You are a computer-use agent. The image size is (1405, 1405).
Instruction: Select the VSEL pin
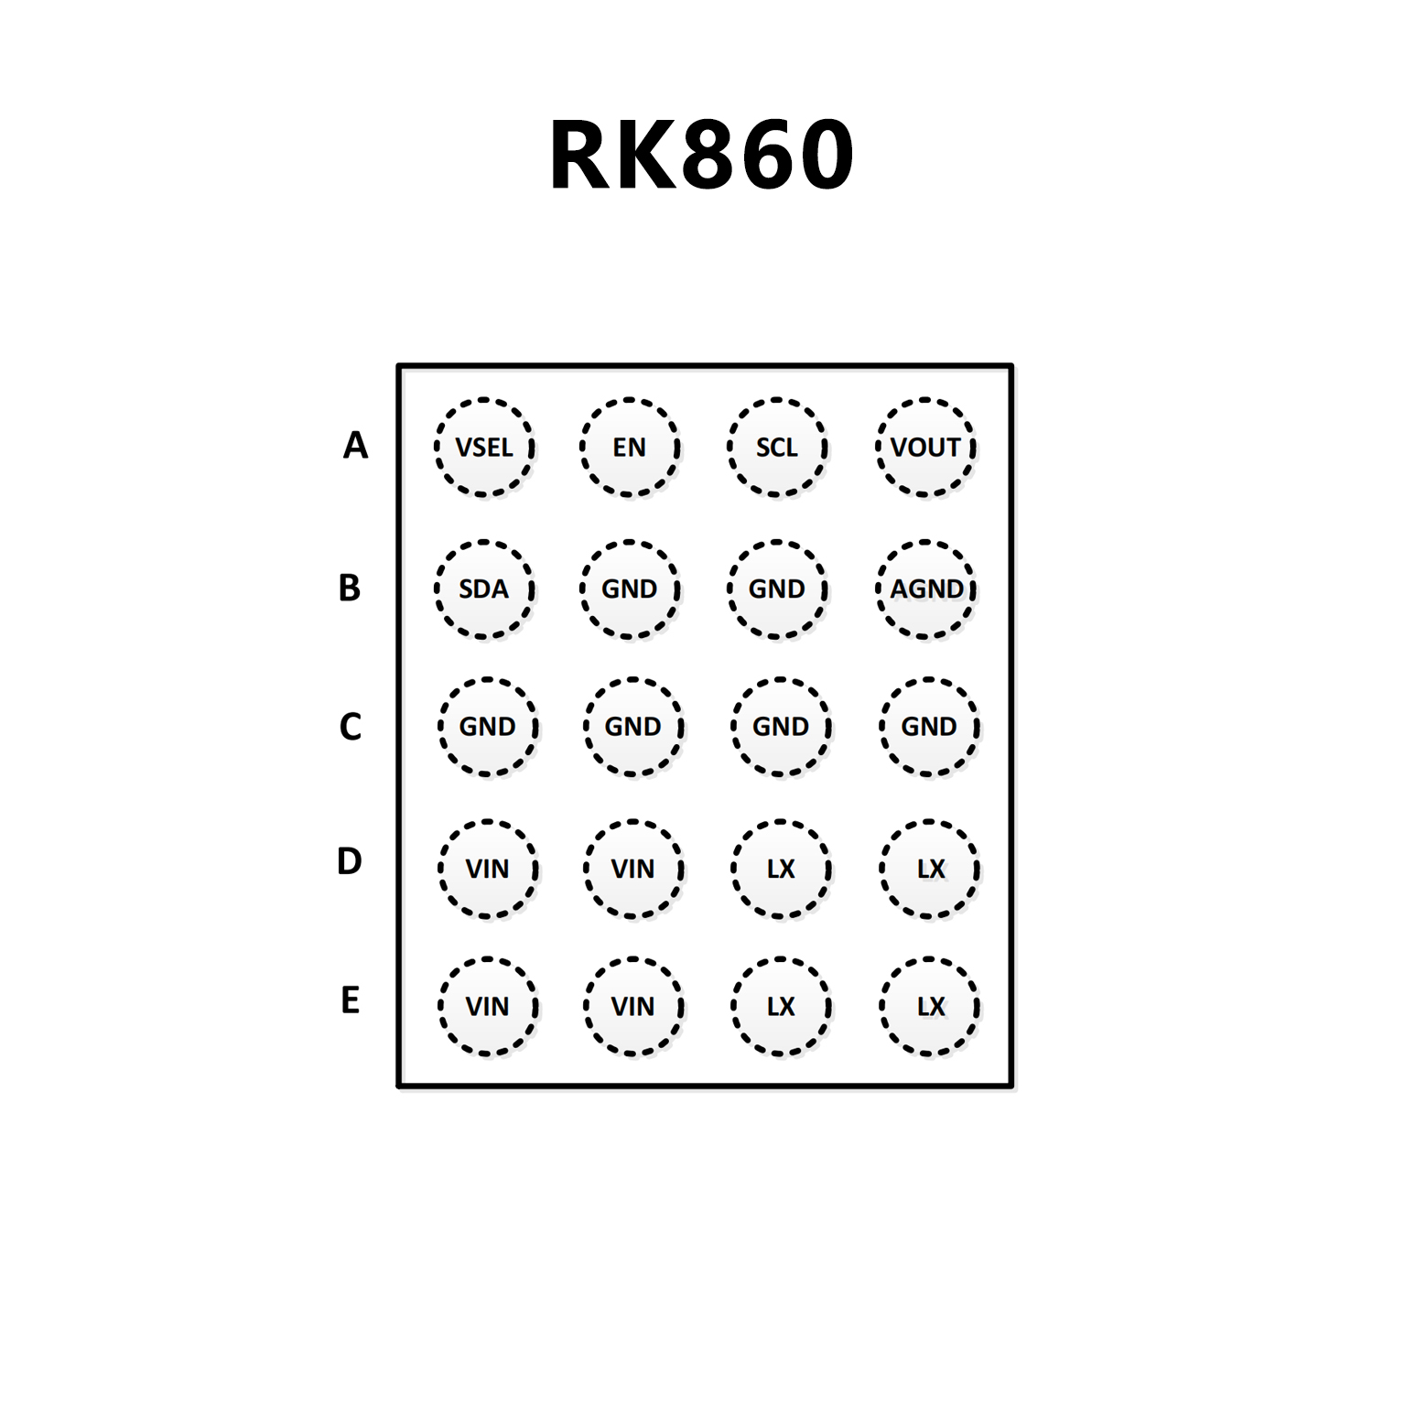pyautogui.click(x=484, y=448)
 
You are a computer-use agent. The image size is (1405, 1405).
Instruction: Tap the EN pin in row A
pyautogui.click(x=630, y=448)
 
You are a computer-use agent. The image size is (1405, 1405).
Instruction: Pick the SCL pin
pyautogui.click(x=777, y=448)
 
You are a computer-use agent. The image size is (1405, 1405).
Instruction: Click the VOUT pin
pyautogui.click(x=925, y=448)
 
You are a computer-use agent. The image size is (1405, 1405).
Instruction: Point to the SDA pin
pyautogui.click(x=484, y=589)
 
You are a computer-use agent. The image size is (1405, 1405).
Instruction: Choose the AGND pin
pyautogui.click(x=926, y=589)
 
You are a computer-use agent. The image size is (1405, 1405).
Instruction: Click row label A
pyautogui.click(x=355, y=446)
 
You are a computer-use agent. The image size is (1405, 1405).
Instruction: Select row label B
pyautogui.click(x=350, y=588)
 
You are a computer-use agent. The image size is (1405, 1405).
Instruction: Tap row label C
pyautogui.click(x=350, y=727)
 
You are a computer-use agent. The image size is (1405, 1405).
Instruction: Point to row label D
pyautogui.click(x=350, y=861)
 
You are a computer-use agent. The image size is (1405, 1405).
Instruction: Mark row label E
pyautogui.click(x=350, y=1000)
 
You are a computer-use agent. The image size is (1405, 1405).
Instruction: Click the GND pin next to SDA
pyautogui.click(x=630, y=589)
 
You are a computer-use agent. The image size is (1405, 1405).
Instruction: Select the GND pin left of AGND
pyautogui.click(x=777, y=589)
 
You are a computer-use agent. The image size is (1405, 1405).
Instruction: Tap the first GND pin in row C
pyautogui.click(x=488, y=727)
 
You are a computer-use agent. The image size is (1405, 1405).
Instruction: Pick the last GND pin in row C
pyautogui.click(x=929, y=727)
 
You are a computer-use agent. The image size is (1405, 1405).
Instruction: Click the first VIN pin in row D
pyautogui.click(x=488, y=869)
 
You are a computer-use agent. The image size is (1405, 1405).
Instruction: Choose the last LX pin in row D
pyautogui.click(x=930, y=869)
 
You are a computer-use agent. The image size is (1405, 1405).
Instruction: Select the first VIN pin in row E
pyautogui.click(x=488, y=1007)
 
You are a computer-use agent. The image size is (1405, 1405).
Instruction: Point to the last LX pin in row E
pyautogui.click(x=930, y=1007)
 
